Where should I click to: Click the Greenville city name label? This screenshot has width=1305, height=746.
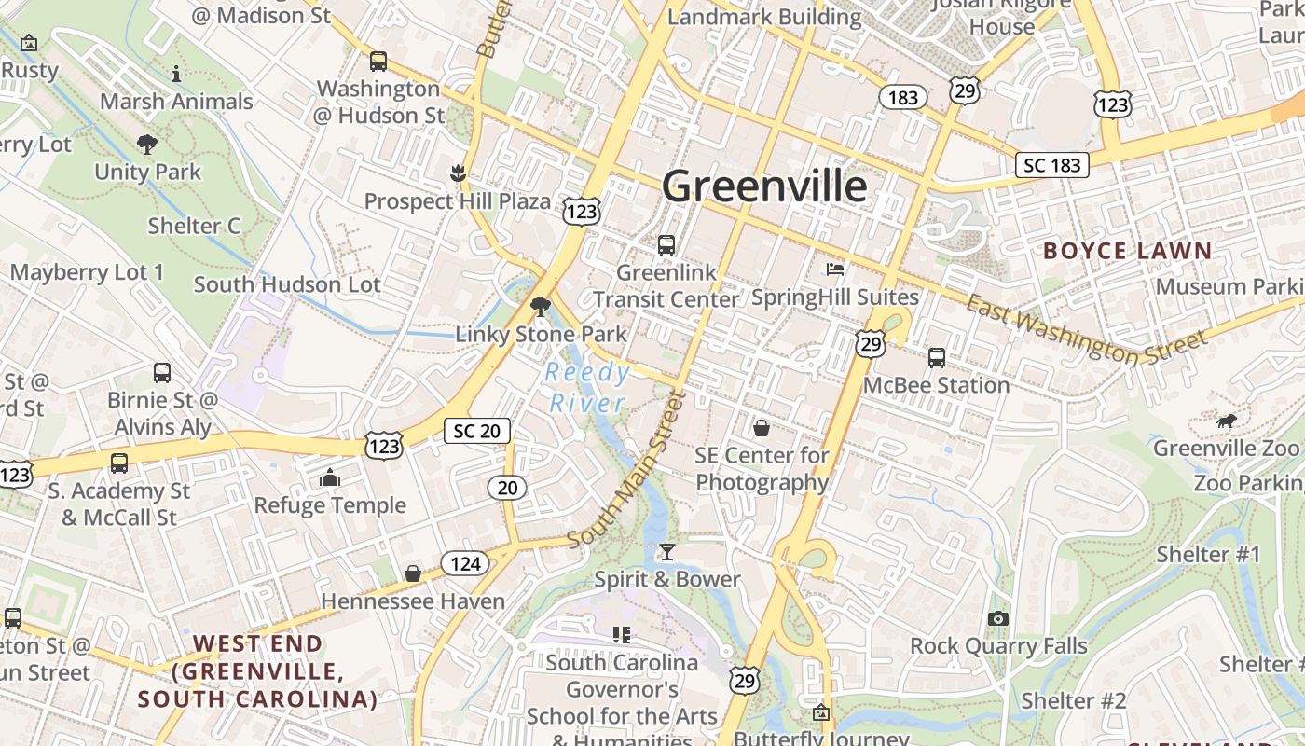(764, 186)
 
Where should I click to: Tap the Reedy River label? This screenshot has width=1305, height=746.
(588, 388)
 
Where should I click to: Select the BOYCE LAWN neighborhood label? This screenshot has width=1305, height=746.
(1127, 251)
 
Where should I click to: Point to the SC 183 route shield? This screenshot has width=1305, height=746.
(1052, 165)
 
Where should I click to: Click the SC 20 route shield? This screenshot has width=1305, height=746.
(477, 430)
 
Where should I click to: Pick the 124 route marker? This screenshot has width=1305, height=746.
(465, 563)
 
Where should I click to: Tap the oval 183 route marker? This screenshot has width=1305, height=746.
(903, 97)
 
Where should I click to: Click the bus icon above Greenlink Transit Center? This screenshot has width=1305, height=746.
(666, 245)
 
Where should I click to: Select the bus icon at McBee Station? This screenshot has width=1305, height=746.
(937, 358)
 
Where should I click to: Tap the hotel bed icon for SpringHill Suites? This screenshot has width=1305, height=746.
(835, 269)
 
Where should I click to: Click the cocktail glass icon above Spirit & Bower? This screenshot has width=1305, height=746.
(666, 552)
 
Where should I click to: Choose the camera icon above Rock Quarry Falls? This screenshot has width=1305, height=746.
(998, 618)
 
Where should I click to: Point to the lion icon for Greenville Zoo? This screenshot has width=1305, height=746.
(1226, 421)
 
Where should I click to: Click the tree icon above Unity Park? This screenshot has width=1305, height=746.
(146, 145)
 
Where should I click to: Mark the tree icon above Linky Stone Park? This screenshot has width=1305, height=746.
(540, 306)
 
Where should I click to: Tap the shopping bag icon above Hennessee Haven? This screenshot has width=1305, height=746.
(412, 573)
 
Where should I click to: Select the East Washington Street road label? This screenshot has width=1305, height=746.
(1085, 328)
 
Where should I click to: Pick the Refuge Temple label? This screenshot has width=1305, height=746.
(330, 505)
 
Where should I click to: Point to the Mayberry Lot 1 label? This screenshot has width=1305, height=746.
(87, 272)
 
